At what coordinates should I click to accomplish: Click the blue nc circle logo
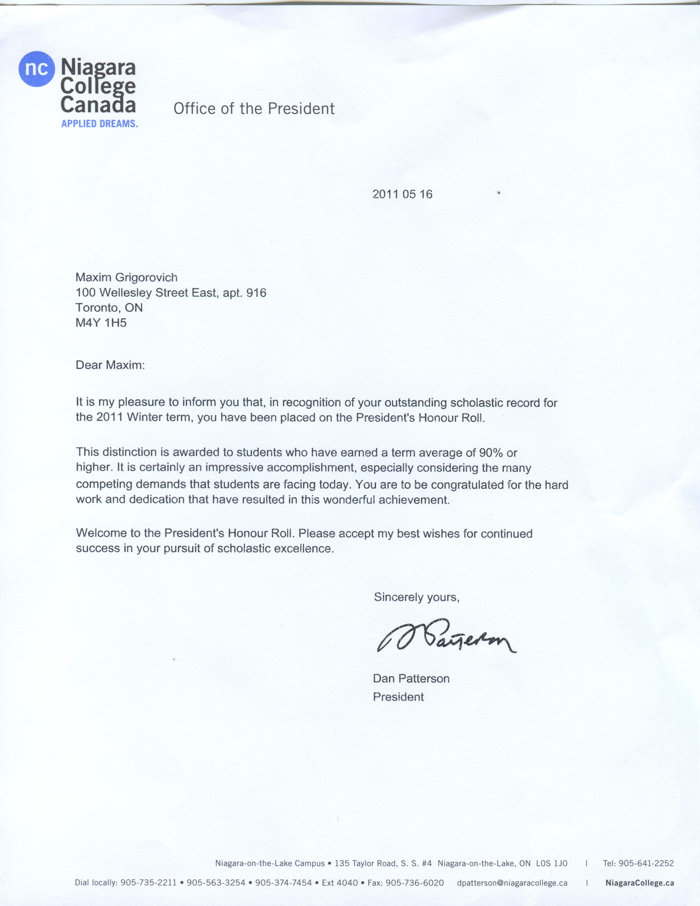click(37, 69)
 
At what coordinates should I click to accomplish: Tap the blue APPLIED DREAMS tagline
click(100, 124)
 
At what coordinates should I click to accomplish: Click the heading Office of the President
click(254, 109)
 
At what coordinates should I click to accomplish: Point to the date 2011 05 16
click(402, 194)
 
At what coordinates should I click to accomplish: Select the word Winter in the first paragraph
click(145, 417)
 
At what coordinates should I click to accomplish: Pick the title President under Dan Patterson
click(398, 697)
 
